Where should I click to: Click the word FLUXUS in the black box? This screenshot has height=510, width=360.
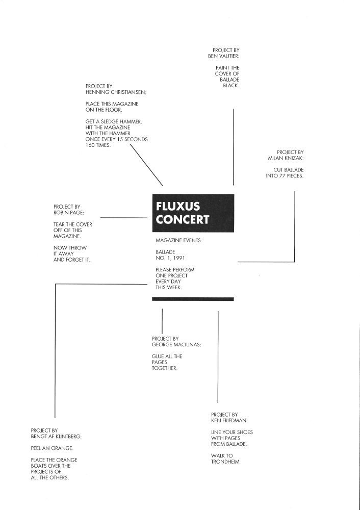tap(177, 206)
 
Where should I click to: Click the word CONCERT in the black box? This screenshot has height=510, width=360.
tap(182, 219)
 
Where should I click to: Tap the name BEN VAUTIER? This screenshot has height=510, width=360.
tap(223, 56)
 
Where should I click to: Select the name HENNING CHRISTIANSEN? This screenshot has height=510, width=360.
tap(116, 92)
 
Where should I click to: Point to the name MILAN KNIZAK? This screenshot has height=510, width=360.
tap(286, 158)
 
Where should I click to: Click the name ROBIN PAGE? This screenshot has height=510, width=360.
tap(69, 213)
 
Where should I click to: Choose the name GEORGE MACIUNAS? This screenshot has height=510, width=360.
tap(176, 344)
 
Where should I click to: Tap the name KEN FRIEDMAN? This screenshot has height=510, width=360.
tap(229, 421)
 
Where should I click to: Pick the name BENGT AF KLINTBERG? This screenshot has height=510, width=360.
tap(56, 437)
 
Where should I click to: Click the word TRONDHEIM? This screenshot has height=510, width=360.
tap(225, 462)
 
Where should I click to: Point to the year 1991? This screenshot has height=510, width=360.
tap(179, 258)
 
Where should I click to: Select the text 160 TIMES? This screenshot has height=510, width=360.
tap(98, 145)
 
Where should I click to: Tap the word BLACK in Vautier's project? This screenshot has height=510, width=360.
tap(231, 86)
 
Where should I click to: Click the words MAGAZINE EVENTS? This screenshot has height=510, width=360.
tap(178, 240)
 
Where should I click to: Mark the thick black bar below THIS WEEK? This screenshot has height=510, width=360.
tap(193, 299)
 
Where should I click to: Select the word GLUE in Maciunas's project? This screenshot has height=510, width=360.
tap(158, 356)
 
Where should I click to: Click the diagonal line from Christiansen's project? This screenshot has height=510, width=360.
tap(146, 165)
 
